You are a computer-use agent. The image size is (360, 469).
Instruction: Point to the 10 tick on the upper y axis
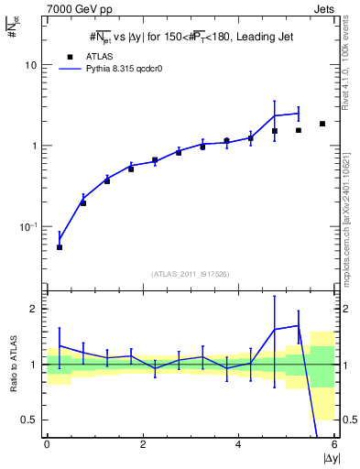32,66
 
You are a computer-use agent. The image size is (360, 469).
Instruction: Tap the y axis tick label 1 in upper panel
36,147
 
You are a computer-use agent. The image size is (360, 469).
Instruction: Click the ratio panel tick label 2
35,309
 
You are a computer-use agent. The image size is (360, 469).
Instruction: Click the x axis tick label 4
239,444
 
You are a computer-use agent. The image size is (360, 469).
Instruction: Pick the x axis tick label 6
334,444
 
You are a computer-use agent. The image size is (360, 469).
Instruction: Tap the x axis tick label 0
47,444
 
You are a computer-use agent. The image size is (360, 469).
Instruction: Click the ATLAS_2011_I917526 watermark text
191,274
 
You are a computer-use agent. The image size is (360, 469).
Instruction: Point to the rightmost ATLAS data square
322,124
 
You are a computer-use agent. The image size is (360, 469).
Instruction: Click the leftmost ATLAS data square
60,247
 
